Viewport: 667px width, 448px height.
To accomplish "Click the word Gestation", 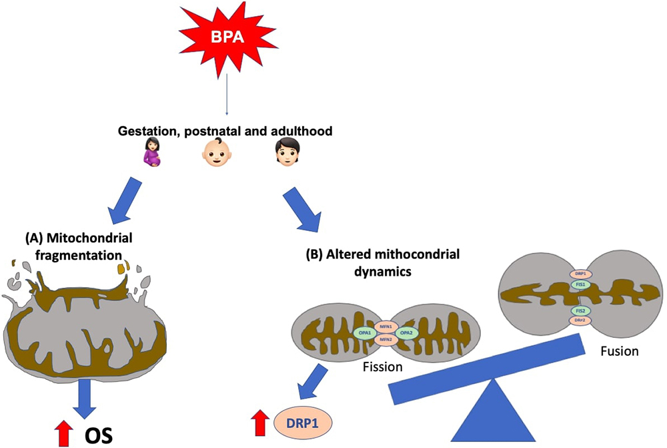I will click(x=141, y=133).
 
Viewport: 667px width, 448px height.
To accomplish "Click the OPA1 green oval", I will click(x=364, y=332).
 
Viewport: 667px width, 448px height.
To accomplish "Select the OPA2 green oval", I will click(x=406, y=332).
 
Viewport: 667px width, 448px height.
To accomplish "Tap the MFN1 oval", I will click(x=385, y=325).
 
